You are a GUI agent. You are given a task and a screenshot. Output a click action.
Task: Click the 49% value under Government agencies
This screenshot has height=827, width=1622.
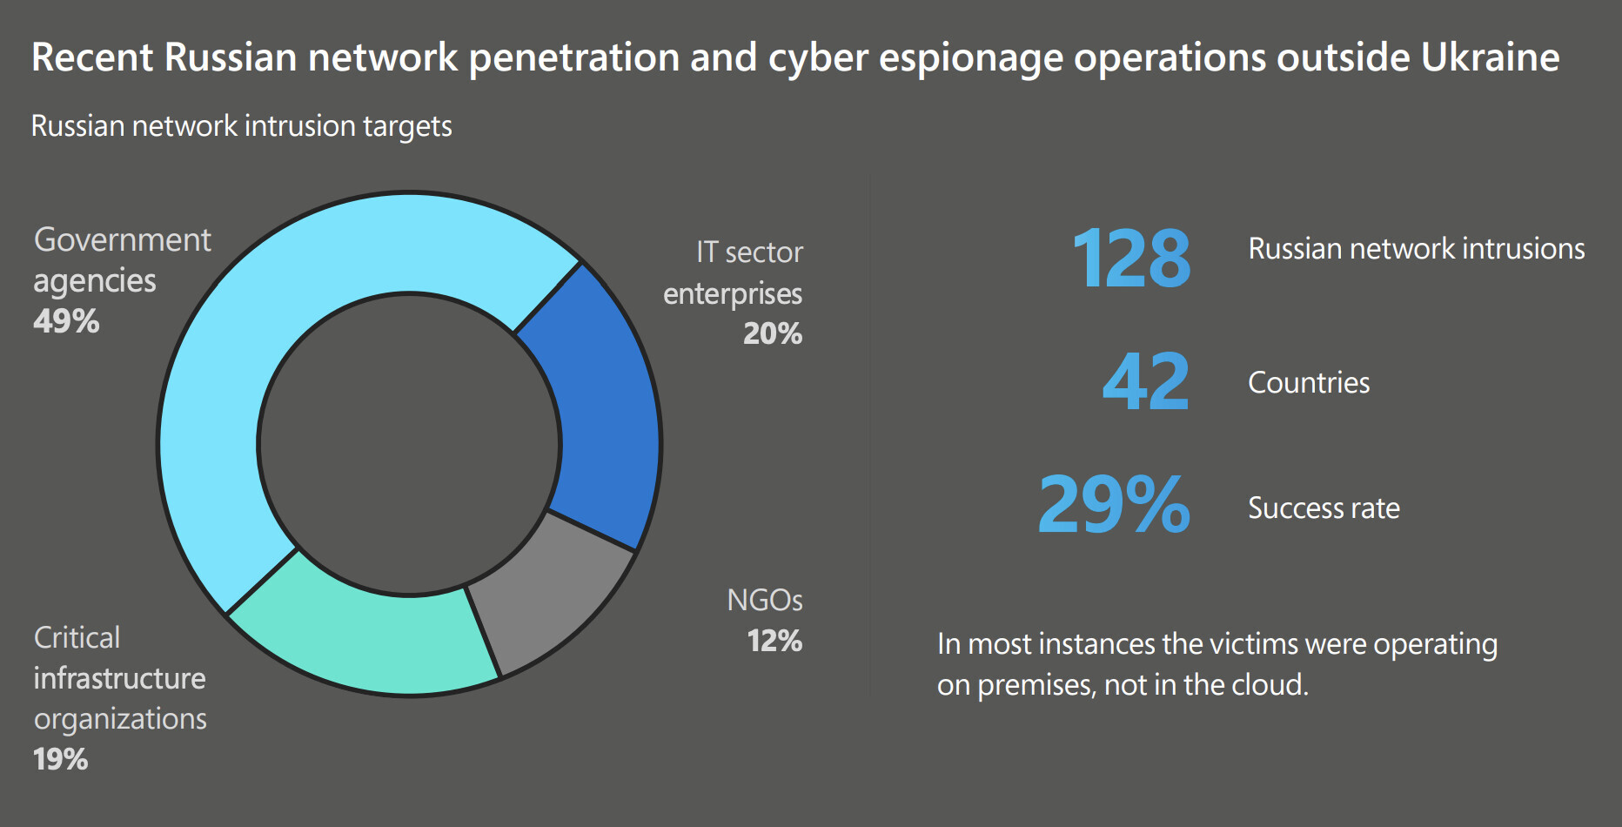pyautogui.click(x=66, y=322)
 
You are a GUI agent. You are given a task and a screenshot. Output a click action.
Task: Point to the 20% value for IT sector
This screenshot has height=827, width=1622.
pyautogui.click(x=773, y=334)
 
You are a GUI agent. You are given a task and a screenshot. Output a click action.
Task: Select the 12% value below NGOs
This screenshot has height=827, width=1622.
pyautogui.click(x=774, y=642)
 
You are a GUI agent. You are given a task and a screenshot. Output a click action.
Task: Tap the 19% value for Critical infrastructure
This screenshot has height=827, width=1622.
pyautogui.click(x=61, y=759)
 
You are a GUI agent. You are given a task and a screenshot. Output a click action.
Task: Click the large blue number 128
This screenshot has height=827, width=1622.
pyautogui.click(x=1131, y=259)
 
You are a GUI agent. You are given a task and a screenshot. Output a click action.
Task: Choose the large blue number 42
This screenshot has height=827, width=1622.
pyautogui.click(x=1145, y=382)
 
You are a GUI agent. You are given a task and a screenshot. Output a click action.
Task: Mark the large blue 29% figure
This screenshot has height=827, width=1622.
pyautogui.click(x=1114, y=506)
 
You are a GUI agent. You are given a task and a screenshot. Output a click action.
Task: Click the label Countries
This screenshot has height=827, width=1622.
pyautogui.click(x=1309, y=383)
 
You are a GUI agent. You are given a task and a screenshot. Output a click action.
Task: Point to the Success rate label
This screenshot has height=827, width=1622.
pyautogui.click(x=1324, y=508)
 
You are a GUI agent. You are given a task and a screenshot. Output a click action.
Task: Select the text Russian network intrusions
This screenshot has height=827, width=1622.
pyautogui.click(x=1416, y=249)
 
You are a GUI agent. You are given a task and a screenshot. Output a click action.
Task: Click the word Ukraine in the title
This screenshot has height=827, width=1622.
pyautogui.click(x=1490, y=57)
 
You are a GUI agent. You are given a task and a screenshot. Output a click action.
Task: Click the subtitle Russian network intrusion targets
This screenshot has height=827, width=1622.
pyautogui.click(x=241, y=126)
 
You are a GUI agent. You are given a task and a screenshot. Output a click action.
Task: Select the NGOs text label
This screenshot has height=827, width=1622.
pyautogui.click(x=764, y=601)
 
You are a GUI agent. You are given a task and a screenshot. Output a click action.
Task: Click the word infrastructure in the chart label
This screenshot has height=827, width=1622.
pyautogui.click(x=119, y=678)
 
